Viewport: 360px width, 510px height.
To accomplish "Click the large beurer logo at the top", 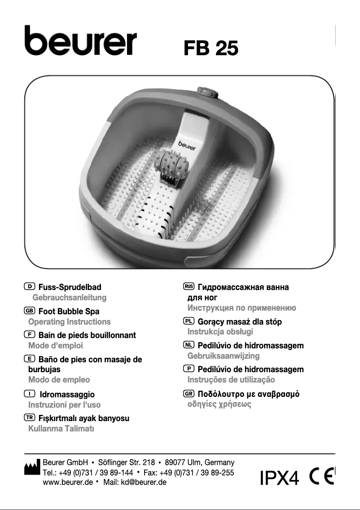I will (80, 42).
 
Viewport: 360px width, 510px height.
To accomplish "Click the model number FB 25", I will (211, 48).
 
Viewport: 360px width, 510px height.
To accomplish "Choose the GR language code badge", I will (189, 394).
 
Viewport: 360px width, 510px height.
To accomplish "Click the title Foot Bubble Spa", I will (69, 311).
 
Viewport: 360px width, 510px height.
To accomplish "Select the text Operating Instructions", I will (69, 321).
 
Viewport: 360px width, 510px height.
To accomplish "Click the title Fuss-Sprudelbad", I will (70, 287).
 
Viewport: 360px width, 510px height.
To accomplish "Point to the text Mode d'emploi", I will (55, 346).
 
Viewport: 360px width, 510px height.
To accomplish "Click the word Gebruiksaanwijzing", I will (223, 356).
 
